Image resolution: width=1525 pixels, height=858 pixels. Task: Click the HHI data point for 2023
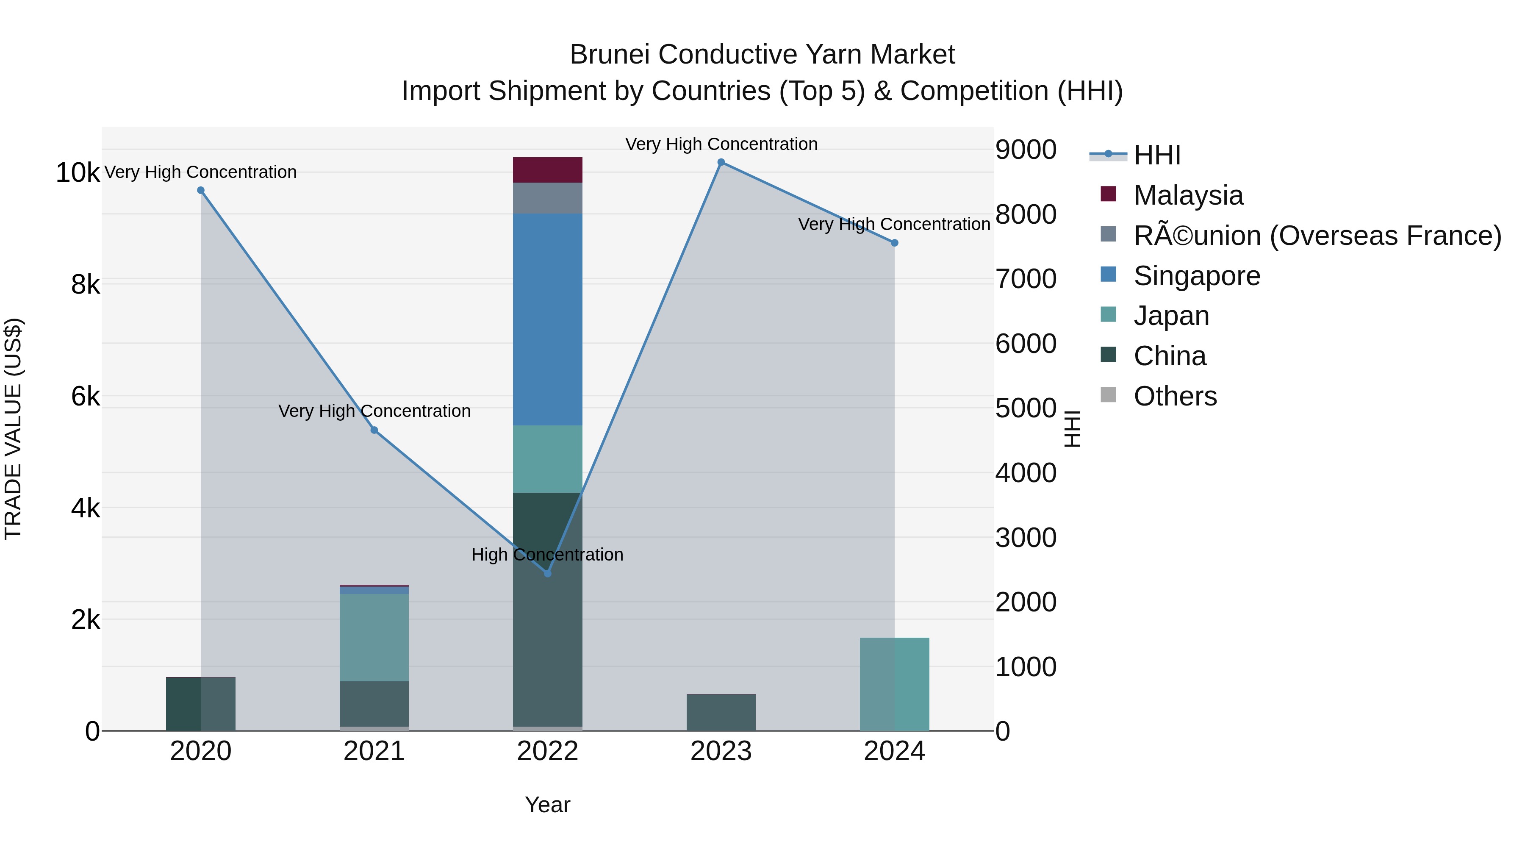click(721, 162)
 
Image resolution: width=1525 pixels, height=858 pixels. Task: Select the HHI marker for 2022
click(548, 573)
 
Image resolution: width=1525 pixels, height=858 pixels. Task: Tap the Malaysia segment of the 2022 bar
click(548, 170)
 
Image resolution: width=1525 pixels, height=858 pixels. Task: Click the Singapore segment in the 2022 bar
click(548, 320)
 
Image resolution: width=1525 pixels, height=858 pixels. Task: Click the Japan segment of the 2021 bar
click(374, 637)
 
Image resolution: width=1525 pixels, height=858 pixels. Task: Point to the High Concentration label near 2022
click(548, 555)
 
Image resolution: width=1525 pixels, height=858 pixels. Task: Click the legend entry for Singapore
click(1196, 276)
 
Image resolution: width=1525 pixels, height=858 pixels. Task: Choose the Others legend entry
click(1175, 396)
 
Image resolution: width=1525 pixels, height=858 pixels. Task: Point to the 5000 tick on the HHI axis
click(1025, 408)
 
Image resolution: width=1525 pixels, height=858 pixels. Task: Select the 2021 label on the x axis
click(374, 751)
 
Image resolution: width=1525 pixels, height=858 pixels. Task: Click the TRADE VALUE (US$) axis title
click(13, 429)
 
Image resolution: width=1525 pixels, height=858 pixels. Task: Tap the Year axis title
click(548, 805)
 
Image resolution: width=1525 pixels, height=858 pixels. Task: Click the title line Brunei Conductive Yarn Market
click(762, 55)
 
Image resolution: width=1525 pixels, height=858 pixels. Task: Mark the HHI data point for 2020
click(201, 191)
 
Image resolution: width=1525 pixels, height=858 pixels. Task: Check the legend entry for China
click(1169, 356)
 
